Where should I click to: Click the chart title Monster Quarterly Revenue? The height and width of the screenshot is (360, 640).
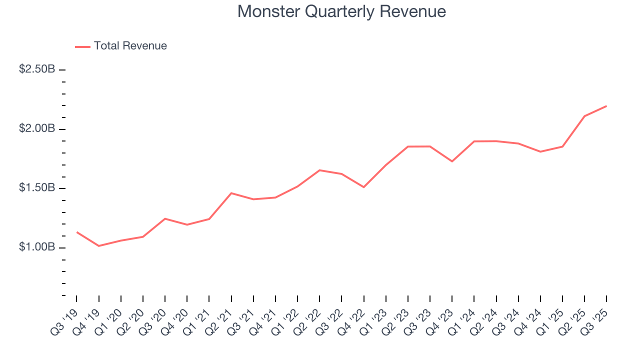pyautogui.click(x=341, y=11)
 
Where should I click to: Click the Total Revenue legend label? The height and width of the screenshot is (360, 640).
pyautogui.click(x=130, y=46)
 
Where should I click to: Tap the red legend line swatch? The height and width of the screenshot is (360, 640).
pyautogui.click(x=82, y=46)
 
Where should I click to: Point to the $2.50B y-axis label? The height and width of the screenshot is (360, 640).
pyautogui.click(x=37, y=69)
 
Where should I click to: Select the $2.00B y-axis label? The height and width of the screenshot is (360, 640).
pyautogui.click(x=37, y=129)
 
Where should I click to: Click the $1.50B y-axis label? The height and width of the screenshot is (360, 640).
pyautogui.click(x=37, y=188)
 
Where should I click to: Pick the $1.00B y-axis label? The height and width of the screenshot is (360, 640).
pyautogui.click(x=37, y=247)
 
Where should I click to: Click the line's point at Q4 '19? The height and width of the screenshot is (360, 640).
pyautogui.click(x=99, y=246)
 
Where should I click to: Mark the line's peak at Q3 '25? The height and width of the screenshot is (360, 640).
pyautogui.click(x=606, y=106)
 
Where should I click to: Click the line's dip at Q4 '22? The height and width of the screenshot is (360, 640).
pyautogui.click(x=364, y=187)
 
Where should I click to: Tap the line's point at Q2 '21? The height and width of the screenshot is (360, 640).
pyautogui.click(x=231, y=193)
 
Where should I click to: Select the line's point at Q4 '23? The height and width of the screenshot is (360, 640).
pyautogui.click(x=452, y=161)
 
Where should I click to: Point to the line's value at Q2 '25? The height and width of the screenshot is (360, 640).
pyautogui.click(x=584, y=116)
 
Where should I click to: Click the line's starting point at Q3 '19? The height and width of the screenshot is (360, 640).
pyautogui.click(x=77, y=232)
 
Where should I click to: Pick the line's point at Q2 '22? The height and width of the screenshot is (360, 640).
pyautogui.click(x=319, y=170)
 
